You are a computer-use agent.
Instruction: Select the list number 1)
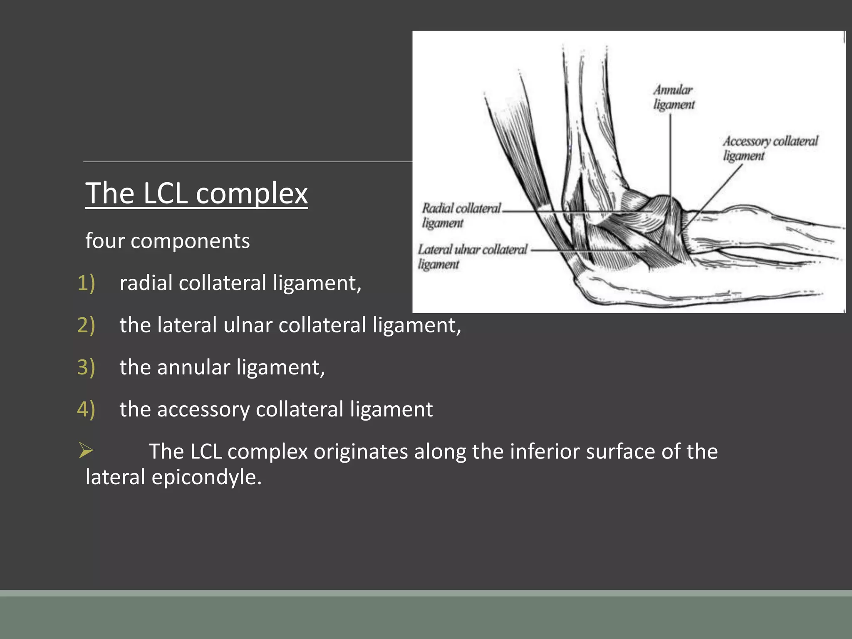[86, 283]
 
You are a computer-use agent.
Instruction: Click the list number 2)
[86, 325]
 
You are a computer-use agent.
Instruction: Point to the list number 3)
[86, 367]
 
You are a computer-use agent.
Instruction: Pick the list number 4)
[86, 409]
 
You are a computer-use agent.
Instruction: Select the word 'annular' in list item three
[193, 367]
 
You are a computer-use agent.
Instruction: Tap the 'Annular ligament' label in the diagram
[673, 97]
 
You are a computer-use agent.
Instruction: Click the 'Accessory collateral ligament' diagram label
[770, 148]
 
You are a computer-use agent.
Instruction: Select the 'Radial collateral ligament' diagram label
[461, 215]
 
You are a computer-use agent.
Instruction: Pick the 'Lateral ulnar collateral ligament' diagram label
[472, 256]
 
